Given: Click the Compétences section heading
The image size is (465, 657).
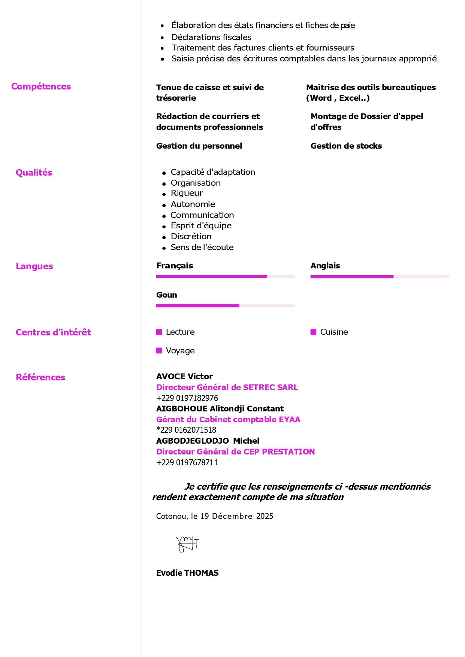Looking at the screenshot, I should [41, 86].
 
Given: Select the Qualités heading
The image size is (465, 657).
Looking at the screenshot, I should [34, 173].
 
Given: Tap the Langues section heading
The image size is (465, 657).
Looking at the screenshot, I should [34, 266].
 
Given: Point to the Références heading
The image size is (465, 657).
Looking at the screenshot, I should [40, 377].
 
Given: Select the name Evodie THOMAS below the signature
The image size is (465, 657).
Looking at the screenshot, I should [187, 573].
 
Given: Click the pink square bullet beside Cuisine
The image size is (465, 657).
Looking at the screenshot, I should [314, 332].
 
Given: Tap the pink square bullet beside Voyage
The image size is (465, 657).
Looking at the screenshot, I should [159, 350].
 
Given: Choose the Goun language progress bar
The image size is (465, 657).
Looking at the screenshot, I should [225, 305].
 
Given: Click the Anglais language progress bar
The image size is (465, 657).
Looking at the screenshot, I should [380, 277].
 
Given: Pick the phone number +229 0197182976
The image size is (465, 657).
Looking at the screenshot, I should [187, 398].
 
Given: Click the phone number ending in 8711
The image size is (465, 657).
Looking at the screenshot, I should [187, 462].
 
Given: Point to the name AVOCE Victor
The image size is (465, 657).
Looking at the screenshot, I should [184, 376].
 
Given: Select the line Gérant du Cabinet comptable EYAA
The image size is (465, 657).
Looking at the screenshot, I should [228, 419].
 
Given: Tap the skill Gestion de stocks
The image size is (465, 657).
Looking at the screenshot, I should [346, 146].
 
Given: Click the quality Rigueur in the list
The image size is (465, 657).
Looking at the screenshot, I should [187, 193].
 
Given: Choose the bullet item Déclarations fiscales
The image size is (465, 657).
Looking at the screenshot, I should [211, 37].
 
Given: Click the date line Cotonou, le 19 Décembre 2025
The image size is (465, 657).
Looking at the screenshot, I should [215, 516].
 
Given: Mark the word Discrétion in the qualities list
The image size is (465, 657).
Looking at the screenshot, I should [191, 236].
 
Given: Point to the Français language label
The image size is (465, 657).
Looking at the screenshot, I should [175, 266].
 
